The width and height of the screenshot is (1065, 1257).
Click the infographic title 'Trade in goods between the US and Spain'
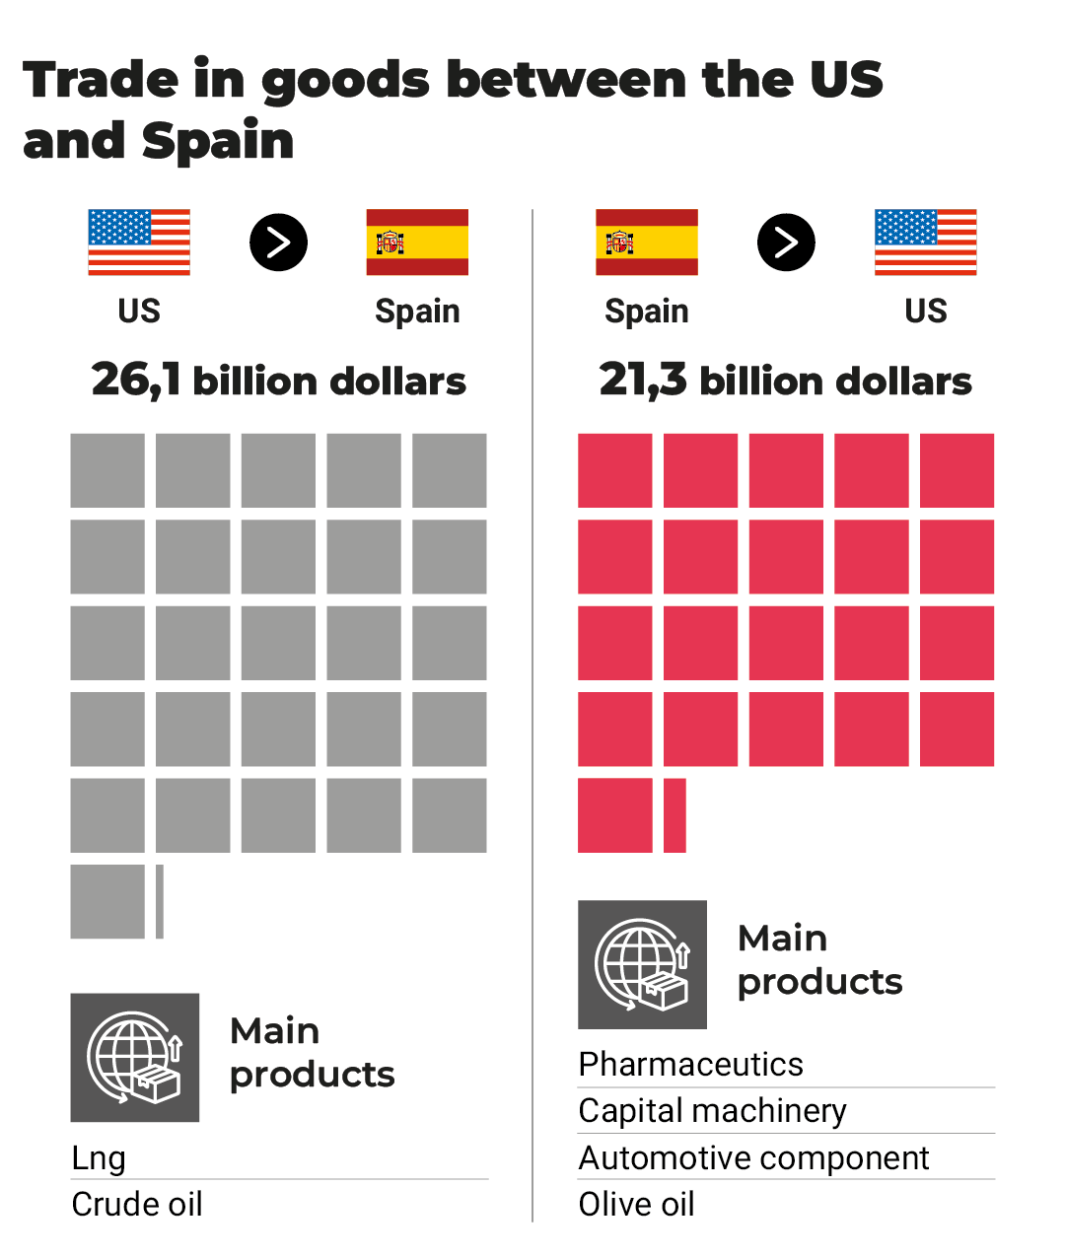(x=453, y=109)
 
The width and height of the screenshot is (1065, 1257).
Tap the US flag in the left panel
(x=139, y=242)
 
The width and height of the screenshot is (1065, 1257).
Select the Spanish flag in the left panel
(x=417, y=242)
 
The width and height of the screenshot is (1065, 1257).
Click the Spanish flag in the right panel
(x=647, y=242)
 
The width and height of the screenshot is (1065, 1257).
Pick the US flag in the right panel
(x=925, y=242)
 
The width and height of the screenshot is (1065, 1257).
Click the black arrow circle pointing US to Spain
(x=278, y=243)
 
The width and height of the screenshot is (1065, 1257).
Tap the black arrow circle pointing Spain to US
(x=786, y=243)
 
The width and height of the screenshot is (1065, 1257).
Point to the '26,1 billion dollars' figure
(x=278, y=381)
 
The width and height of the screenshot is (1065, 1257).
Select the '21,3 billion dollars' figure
(x=785, y=381)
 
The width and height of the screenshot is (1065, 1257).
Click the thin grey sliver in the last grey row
(x=160, y=901)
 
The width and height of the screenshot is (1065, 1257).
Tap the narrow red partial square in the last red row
(x=674, y=815)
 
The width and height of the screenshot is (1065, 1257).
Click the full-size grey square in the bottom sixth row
(x=107, y=901)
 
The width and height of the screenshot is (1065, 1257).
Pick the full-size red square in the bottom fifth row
(x=614, y=815)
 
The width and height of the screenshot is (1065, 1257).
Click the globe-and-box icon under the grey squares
(x=135, y=1057)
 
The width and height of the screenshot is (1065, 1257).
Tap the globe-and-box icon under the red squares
(x=642, y=964)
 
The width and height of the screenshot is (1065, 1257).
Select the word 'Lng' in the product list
(x=99, y=1157)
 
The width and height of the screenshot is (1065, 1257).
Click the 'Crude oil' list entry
(x=137, y=1204)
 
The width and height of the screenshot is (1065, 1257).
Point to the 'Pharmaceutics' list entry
(x=690, y=1065)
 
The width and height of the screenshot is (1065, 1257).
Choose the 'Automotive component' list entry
(x=753, y=1157)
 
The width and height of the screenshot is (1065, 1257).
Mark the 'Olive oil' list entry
(x=636, y=1204)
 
